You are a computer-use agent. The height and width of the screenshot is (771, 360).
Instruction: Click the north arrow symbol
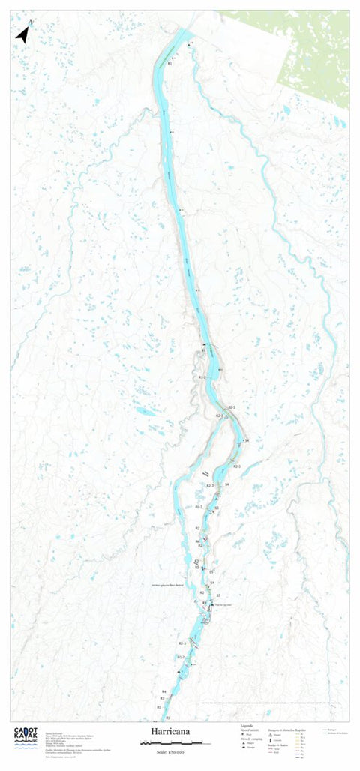[22, 34]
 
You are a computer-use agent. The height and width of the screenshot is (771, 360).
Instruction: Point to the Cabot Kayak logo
[25, 738]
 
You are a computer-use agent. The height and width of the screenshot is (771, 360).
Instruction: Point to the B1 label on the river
[203, 350]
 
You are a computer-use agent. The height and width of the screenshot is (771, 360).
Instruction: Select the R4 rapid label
[163, 690]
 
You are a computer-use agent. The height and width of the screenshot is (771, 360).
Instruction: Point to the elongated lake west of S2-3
[145, 412]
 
